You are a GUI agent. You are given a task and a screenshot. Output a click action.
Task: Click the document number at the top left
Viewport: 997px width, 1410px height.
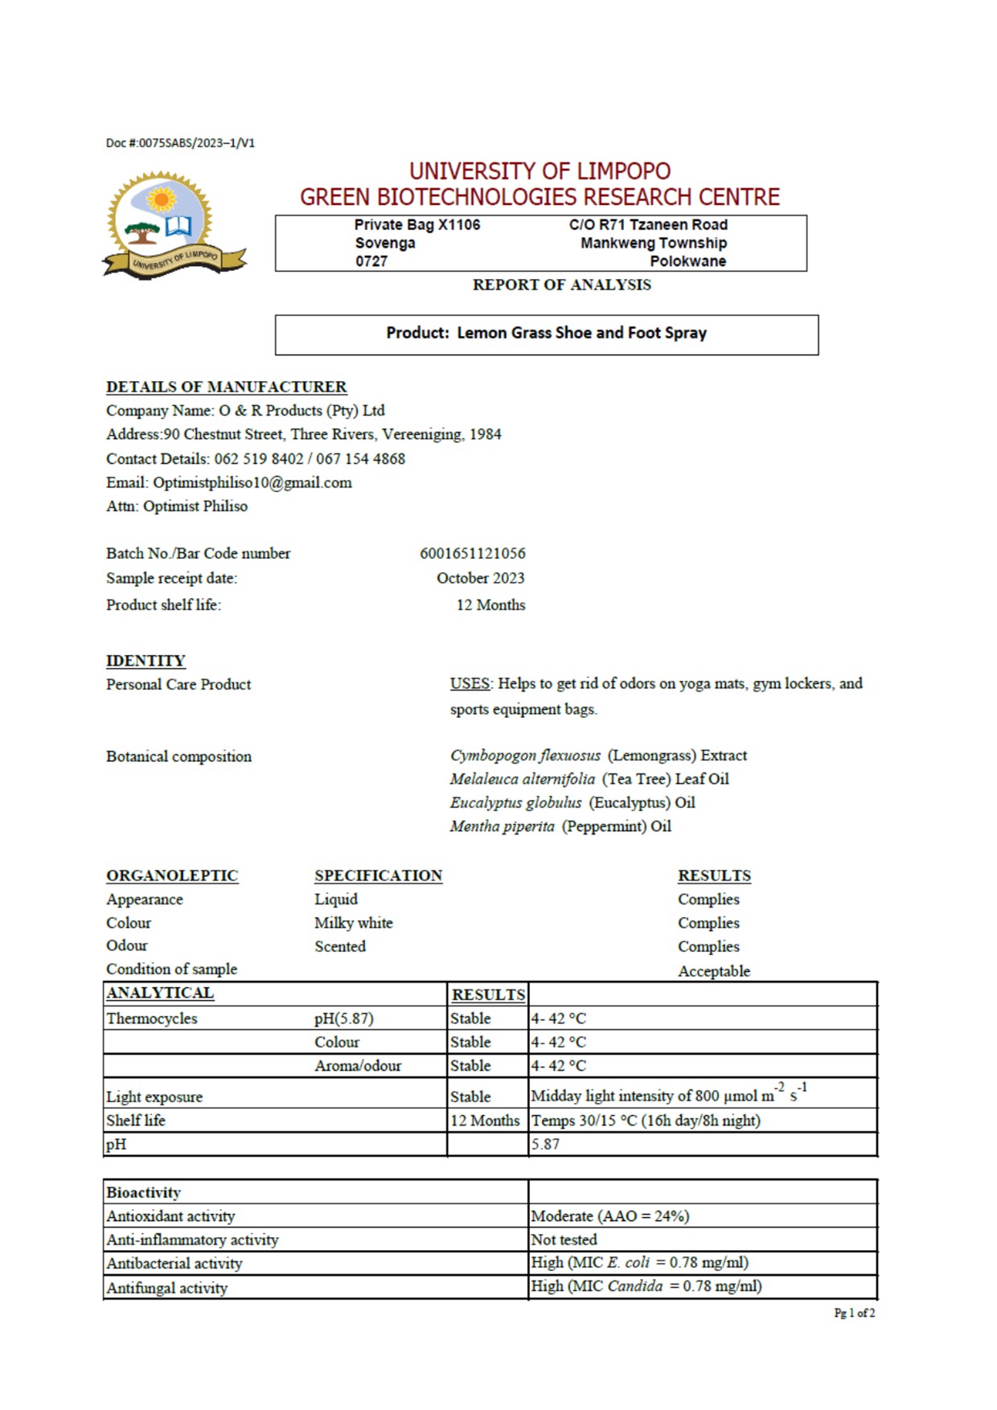(180, 143)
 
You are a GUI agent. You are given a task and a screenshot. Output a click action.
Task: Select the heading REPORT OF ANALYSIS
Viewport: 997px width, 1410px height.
(561, 285)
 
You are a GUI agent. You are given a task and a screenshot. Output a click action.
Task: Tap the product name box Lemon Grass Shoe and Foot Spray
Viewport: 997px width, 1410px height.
(546, 334)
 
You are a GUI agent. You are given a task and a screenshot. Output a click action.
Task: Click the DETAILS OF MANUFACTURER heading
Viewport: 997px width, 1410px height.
(226, 387)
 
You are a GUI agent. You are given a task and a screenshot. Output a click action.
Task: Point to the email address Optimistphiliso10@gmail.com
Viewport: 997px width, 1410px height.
(252, 482)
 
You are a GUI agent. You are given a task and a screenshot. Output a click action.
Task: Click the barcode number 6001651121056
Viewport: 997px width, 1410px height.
(472, 553)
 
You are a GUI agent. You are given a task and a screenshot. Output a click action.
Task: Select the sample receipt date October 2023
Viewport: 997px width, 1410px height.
(480, 578)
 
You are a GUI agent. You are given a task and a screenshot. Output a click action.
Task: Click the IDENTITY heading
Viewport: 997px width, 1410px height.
(146, 661)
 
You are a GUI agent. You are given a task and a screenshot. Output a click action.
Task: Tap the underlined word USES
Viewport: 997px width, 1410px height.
(470, 683)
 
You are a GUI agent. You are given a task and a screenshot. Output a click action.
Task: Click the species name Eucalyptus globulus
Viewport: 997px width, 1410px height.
(515, 802)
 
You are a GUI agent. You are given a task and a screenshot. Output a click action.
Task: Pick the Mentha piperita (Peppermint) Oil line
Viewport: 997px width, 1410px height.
(560, 826)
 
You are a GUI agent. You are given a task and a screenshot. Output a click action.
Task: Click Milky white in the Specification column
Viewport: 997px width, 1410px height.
(353, 923)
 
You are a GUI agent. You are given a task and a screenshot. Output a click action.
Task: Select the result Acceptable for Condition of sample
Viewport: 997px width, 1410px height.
(713, 971)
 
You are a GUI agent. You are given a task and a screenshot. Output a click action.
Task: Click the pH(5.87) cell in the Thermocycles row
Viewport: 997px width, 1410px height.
(343, 1019)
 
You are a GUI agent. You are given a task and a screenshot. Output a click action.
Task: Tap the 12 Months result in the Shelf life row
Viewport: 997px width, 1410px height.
(485, 1121)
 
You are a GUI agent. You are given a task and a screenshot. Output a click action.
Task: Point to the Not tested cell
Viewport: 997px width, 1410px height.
(564, 1240)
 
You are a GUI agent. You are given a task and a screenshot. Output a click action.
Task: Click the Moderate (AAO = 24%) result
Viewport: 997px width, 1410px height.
(609, 1216)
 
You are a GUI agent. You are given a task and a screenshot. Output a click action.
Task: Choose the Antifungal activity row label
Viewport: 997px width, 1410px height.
(166, 1288)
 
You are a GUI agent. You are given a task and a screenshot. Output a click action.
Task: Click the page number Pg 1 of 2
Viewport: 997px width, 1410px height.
(854, 1313)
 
